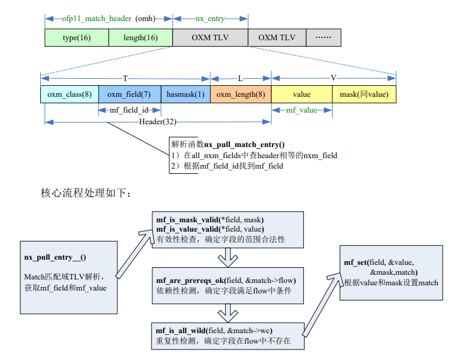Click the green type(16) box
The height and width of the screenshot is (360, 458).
(x=76, y=37)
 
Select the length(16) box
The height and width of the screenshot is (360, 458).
(x=141, y=37)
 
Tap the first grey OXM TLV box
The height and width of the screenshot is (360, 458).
(x=210, y=37)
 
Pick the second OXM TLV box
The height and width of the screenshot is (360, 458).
(x=277, y=37)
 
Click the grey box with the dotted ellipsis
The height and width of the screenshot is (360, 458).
(x=323, y=37)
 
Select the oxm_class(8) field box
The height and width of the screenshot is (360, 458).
(x=69, y=94)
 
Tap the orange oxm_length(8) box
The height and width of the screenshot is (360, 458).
(x=241, y=94)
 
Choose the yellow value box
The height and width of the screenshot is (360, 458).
(x=302, y=94)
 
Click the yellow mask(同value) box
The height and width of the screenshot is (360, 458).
(x=364, y=94)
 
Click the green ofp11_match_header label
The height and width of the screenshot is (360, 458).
(x=97, y=18)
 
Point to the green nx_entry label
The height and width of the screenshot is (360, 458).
(x=210, y=18)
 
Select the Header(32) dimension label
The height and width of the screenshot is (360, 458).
(x=158, y=121)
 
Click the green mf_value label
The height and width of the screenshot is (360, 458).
(x=302, y=110)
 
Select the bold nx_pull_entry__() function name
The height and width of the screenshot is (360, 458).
(x=59, y=257)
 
